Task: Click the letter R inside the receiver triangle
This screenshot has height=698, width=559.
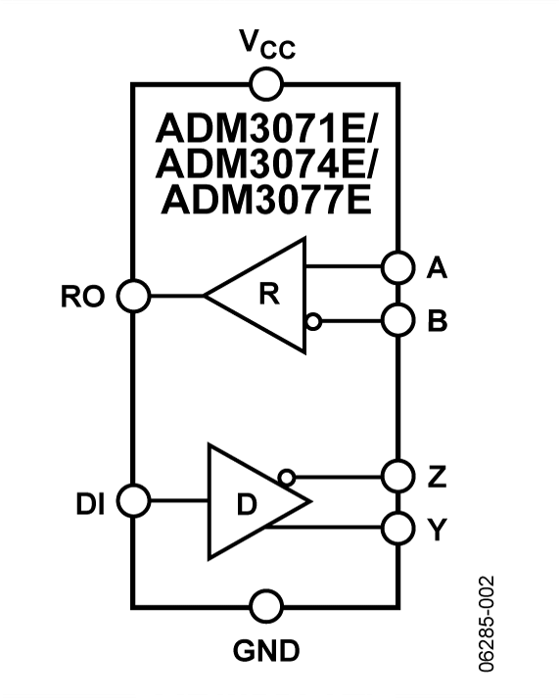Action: [269, 294]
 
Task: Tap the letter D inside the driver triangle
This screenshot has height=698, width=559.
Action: [247, 504]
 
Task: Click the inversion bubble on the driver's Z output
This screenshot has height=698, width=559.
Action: [286, 477]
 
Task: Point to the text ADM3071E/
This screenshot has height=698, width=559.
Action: [266, 128]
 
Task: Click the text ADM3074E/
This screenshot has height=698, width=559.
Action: [266, 163]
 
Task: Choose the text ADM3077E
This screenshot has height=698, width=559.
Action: [266, 200]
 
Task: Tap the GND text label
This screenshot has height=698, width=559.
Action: [266, 651]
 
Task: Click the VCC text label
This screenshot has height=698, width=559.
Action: [267, 44]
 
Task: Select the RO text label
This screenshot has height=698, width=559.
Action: [83, 297]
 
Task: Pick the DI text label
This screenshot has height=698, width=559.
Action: [90, 504]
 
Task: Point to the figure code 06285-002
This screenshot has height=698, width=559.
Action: [487, 624]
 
